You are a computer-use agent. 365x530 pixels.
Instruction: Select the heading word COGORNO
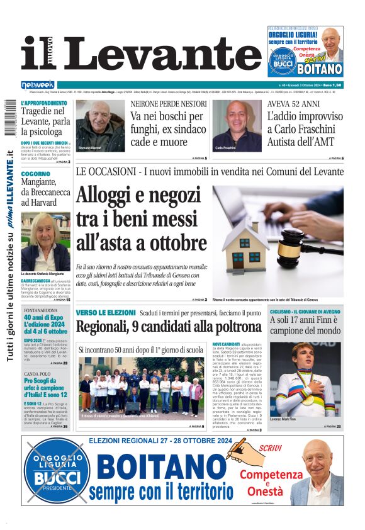pos(35,173)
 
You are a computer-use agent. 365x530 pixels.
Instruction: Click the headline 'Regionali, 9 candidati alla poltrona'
pos(168,327)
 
